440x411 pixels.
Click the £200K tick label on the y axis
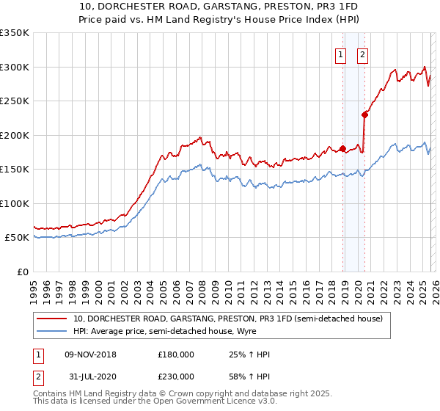pyautogui.click(x=14, y=135)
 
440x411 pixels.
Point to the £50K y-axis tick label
pyautogui.click(x=16, y=238)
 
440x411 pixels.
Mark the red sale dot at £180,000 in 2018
pyautogui.click(x=342, y=149)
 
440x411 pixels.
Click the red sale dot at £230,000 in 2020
pyautogui.click(x=364, y=114)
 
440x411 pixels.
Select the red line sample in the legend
pyautogui.click(x=52, y=319)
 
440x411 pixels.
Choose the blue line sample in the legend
pyautogui.click(x=52, y=331)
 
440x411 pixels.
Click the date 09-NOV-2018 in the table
pyautogui.click(x=90, y=354)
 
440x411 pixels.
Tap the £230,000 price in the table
pyautogui.click(x=176, y=376)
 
